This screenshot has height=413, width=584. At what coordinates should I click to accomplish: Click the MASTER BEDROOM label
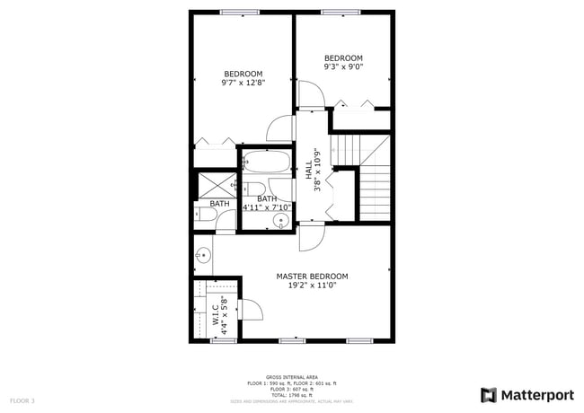(x=312, y=277)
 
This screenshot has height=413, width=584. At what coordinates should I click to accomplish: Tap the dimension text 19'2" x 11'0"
(x=312, y=286)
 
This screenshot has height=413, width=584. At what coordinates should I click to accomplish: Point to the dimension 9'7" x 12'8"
(x=243, y=83)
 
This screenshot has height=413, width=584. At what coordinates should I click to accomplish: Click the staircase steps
(x=375, y=189)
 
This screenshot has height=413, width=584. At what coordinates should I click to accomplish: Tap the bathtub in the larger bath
(x=267, y=163)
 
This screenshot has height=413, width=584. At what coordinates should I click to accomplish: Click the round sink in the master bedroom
(x=203, y=256)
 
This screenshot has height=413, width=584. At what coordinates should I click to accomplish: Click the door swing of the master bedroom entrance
(x=311, y=236)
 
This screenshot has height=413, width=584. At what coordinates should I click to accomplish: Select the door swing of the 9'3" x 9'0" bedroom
(x=312, y=93)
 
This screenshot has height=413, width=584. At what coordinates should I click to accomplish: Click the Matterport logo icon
(x=489, y=394)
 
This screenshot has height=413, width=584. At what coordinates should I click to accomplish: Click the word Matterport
(x=536, y=394)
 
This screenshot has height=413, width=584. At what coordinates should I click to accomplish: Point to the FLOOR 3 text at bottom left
(x=22, y=400)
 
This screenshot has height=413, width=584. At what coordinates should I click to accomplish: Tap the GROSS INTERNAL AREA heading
(x=291, y=377)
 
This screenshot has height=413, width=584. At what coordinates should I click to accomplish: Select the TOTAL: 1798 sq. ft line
(x=291, y=394)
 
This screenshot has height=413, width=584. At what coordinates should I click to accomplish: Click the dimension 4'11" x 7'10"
(x=266, y=208)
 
